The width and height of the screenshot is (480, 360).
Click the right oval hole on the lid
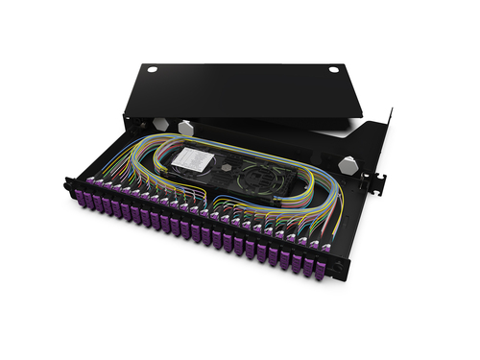tap(333, 70)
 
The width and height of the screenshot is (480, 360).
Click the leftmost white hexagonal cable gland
tap(160, 125)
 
